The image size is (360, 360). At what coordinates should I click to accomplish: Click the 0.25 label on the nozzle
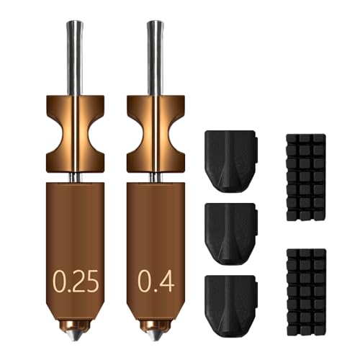click(x=74, y=279)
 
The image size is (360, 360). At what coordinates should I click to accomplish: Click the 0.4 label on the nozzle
click(x=155, y=279)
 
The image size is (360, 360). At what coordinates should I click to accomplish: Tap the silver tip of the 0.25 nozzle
click(x=76, y=336)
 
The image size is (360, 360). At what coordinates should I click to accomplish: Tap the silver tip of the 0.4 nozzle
click(x=155, y=336)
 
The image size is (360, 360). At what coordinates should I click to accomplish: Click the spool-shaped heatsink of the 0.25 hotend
click(x=75, y=132)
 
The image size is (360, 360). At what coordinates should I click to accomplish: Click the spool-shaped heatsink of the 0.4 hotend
click(x=155, y=132)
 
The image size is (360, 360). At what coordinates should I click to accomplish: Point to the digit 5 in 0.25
click(x=91, y=279)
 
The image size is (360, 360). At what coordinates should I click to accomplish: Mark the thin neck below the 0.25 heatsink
click(x=75, y=177)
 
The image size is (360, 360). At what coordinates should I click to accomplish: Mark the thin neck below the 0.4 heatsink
click(x=155, y=177)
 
